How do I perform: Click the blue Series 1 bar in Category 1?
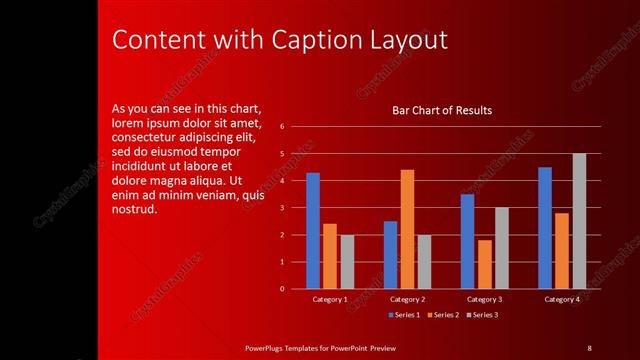(x=313, y=230)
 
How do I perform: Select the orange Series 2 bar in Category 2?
(x=407, y=229)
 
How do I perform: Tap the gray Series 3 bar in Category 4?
(x=579, y=221)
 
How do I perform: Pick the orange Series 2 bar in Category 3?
(x=484, y=264)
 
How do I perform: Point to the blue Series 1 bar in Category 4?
(x=545, y=227)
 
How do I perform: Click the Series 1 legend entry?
(x=403, y=315)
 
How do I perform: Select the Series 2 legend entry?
(x=443, y=315)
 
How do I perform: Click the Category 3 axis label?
(x=485, y=299)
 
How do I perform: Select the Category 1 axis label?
(x=330, y=299)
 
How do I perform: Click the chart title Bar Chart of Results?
(x=441, y=110)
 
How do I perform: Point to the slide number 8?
(x=589, y=347)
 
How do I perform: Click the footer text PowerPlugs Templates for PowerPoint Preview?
(x=321, y=347)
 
